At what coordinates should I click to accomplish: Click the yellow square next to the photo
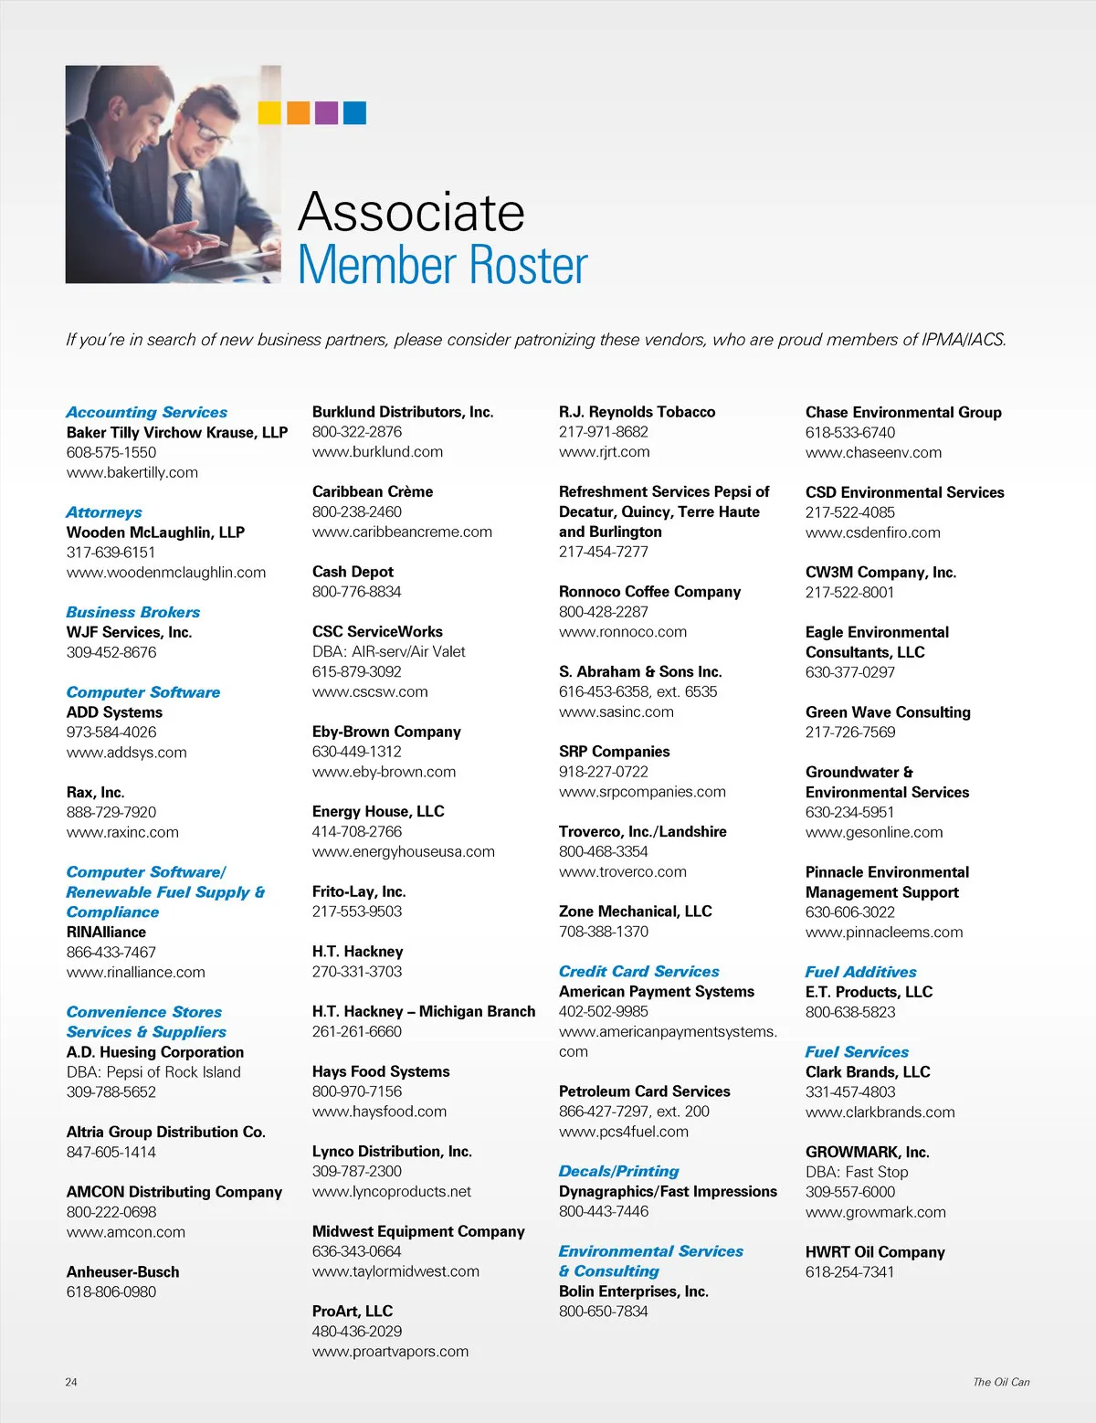[269, 112]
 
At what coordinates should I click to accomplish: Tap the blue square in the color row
[354, 112]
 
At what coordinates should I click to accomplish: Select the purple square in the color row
[326, 112]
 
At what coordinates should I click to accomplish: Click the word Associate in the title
[411, 212]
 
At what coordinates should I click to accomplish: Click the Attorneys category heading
[104, 512]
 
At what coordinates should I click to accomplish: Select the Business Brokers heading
[133, 612]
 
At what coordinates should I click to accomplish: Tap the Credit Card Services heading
[639, 971]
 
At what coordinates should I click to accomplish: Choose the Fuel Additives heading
[860, 972]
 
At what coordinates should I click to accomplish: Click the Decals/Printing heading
[619, 1171]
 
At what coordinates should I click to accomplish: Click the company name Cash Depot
[353, 572]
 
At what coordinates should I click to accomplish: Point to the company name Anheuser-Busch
[122, 1271]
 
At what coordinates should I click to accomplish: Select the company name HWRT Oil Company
[875, 1251]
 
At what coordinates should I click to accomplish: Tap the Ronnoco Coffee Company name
[649, 592]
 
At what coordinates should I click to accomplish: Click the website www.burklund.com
[377, 452]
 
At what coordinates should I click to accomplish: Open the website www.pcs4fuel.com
[624, 1132]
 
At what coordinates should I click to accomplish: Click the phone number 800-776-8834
[356, 592]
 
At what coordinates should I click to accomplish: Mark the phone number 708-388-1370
[604, 932]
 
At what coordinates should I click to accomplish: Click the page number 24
[71, 1382]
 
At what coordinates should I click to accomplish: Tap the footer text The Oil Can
[1001, 1382]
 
